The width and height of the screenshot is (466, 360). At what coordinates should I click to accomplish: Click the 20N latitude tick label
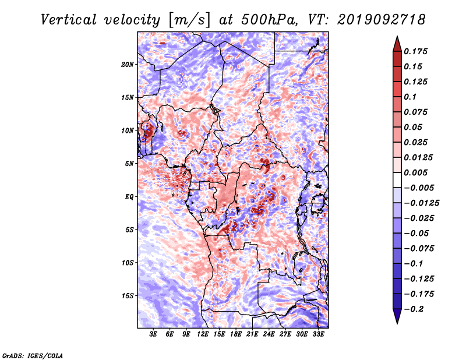click(x=128, y=65)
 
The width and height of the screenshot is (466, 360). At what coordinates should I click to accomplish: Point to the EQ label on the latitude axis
click(x=129, y=197)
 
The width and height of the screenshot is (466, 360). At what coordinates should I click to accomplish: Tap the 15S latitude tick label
click(x=128, y=296)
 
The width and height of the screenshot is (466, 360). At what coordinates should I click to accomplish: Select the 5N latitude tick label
click(x=129, y=164)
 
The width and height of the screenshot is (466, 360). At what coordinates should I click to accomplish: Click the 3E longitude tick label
click(x=153, y=334)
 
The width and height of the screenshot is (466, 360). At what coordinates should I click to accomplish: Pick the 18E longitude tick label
click(x=236, y=334)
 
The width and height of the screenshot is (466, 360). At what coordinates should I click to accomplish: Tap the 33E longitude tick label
click(x=318, y=334)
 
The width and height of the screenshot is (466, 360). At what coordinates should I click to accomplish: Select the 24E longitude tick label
click(x=269, y=334)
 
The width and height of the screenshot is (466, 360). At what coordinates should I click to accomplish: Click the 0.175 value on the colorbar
click(x=415, y=51)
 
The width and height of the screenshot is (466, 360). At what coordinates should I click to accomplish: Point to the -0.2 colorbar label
click(x=414, y=309)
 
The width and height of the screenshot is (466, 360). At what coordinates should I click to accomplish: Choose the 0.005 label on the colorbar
click(x=415, y=172)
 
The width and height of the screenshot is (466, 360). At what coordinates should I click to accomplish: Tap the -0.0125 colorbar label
click(x=421, y=203)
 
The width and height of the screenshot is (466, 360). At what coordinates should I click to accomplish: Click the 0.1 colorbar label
click(x=410, y=97)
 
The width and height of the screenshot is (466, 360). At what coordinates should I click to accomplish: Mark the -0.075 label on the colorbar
click(x=419, y=249)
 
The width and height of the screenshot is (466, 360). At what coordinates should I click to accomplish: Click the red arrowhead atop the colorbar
click(x=397, y=44)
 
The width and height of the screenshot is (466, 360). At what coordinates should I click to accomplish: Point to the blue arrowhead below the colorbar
click(x=397, y=316)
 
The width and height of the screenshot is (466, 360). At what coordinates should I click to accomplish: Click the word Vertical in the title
click(x=69, y=20)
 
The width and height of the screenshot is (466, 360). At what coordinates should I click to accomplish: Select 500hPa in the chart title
click(x=269, y=20)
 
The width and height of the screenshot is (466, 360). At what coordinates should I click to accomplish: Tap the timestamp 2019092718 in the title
click(x=382, y=20)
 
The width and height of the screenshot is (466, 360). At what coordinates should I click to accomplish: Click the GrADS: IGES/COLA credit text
click(x=33, y=355)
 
